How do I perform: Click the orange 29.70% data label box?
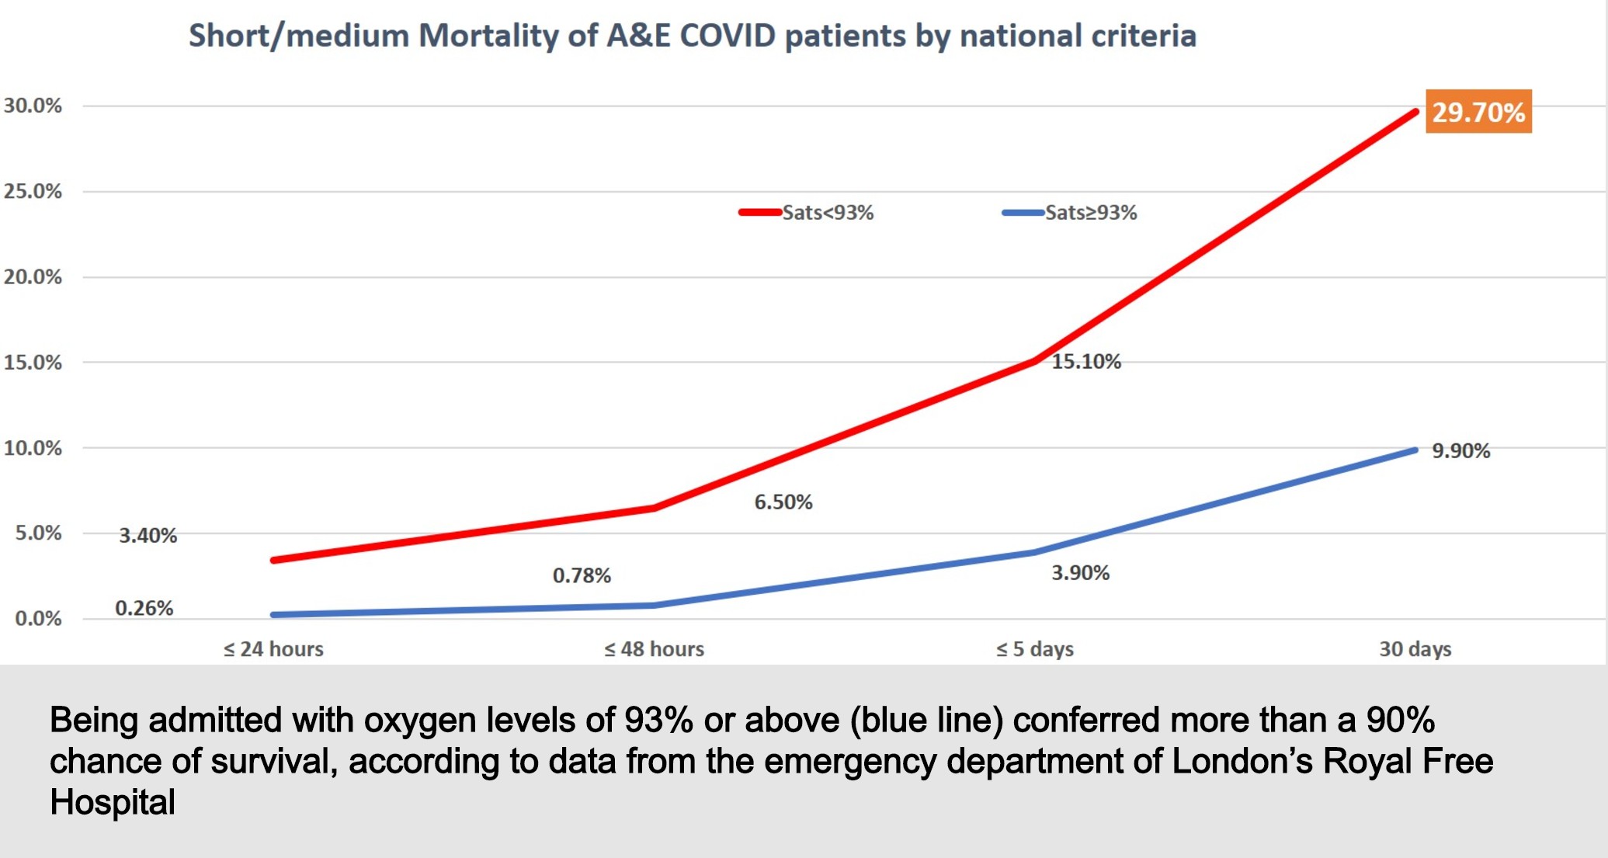1478,112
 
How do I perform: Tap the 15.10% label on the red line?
1085,362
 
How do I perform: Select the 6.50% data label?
783,502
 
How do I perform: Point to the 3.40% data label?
148,536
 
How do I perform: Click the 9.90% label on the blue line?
1460,451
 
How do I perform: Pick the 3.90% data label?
1080,573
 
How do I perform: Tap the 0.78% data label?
582,576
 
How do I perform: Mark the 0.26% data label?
144,608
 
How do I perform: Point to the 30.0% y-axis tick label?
33,106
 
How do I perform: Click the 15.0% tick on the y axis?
33,363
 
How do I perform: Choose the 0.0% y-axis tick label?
38,619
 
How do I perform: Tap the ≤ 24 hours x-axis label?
273,649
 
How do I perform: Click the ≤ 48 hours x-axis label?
654,649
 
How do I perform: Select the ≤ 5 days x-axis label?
1034,649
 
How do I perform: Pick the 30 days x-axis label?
1415,649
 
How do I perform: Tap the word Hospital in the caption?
113,802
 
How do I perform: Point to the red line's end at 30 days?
1415,113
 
